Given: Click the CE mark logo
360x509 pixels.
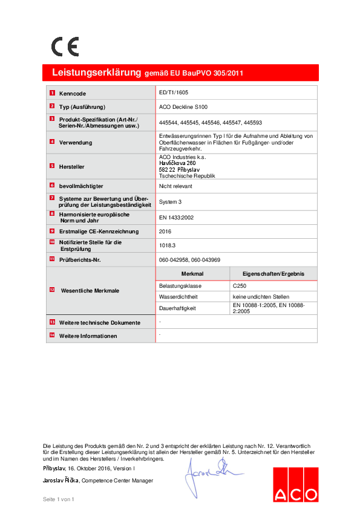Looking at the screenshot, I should click(x=64, y=47).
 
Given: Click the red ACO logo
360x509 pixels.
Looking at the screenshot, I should click(x=295, y=484).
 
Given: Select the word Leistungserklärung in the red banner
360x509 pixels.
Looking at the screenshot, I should click(x=96, y=73).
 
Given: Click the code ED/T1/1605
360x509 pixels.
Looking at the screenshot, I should click(x=172, y=94).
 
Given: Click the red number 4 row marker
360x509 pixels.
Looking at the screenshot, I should click(x=52, y=141).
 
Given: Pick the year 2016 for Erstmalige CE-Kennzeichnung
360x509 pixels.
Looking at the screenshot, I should click(x=165, y=231).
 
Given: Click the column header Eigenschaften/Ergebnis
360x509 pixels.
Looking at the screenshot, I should click(x=273, y=274).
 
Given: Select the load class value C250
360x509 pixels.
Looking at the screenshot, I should click(x=240, y=285).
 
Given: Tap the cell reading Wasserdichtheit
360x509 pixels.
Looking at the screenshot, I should click(x=178, y=297).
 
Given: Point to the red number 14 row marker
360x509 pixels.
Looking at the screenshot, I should click(x=52, y=335).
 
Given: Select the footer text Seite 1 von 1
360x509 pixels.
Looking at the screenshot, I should click(x=57, y=499).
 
